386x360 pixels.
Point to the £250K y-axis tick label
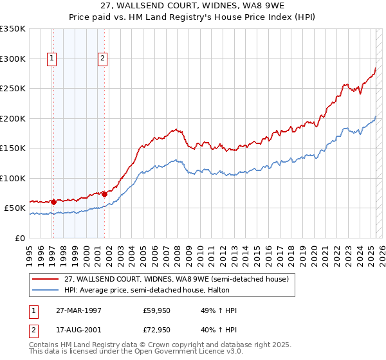pos(13,89)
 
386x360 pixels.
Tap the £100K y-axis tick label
pos(13,179)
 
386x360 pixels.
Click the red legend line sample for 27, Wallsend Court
pos(46,279)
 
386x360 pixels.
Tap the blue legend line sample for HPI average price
pos(46,290)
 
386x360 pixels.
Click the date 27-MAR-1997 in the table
pos(78,310)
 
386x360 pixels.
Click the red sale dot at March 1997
pos(53,202)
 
